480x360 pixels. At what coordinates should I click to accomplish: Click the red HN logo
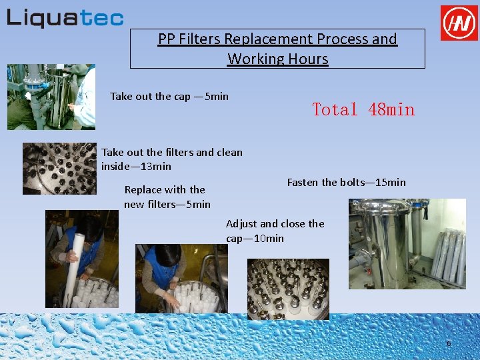(x=459, y=23)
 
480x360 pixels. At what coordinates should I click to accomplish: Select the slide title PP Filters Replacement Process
(x=277, y=39)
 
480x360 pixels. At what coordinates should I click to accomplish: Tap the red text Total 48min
(x=363, y=109)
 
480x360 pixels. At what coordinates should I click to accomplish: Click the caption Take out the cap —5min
(x=169, y=97)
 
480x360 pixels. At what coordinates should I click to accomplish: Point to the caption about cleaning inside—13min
(x=172, y=159)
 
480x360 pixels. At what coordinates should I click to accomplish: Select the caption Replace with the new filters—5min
(x=167, y=197)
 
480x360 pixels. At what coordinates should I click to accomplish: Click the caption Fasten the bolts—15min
(x=346, y=182)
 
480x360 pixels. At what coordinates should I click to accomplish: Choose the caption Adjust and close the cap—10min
(x=275, y=231)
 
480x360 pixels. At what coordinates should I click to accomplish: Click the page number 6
(x=449, y=343)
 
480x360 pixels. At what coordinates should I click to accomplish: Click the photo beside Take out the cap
(x=51, y=97)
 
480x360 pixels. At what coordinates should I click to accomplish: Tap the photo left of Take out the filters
(x=59, y=169)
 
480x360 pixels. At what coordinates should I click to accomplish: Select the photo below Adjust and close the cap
(x=288, y=289)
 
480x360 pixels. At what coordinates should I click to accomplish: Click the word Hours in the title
(x=308, y=59)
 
